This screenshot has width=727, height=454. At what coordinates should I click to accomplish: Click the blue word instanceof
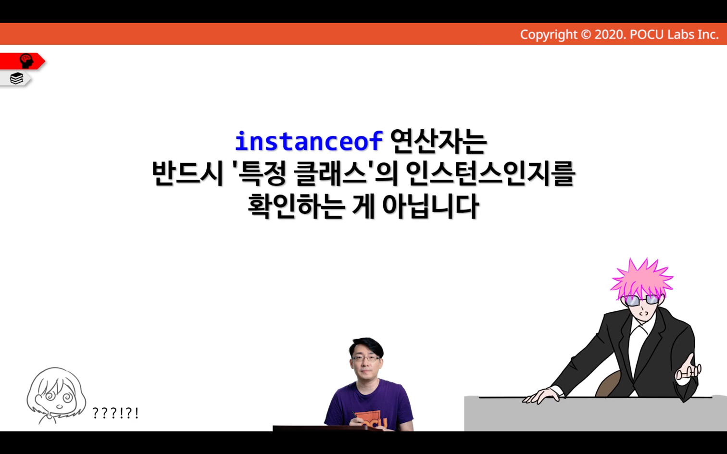[x=309, y=142]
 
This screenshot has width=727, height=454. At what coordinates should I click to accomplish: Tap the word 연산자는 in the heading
[x=438, y=141]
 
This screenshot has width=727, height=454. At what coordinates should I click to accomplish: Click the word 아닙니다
[x=430, y=206]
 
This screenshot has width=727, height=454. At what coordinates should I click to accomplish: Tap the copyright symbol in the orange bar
[x=586, y=34]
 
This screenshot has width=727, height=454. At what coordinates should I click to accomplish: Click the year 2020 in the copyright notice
[x=609, y=34]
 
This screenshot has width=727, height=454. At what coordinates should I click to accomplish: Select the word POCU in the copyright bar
[x=647, y=34]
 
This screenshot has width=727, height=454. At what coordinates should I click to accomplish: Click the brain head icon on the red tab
[x=26, y=61]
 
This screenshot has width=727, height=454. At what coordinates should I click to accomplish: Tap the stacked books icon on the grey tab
[x=16, y=78]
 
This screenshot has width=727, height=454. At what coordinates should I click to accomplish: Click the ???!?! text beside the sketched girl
[x=115, y=413]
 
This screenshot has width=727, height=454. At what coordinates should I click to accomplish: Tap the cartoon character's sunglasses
[x=641, y=300]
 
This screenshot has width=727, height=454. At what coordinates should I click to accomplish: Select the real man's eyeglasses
[x=366, y=358]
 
